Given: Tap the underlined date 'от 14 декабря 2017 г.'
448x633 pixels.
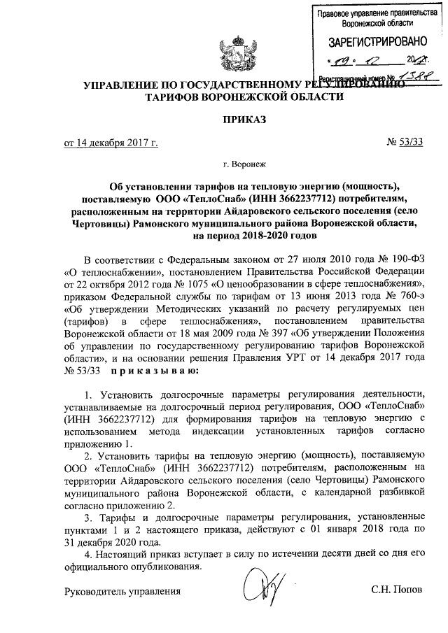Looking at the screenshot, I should pos(111,144).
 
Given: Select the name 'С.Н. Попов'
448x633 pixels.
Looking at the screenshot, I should pos(397,592).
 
